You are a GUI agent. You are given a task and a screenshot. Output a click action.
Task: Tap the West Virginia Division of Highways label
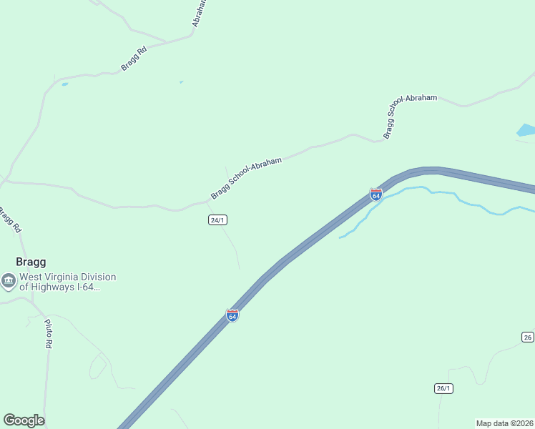tap(67, 282)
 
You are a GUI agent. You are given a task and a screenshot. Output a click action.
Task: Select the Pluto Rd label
tap(48, 334)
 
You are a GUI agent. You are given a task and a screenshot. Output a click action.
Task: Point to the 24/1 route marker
tap(218, 220)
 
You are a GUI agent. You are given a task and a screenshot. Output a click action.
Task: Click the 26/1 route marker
tap(443, 388)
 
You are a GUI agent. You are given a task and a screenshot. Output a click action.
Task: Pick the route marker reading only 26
tap(528, 337)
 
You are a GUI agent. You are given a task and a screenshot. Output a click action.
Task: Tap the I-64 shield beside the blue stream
tap(376, 194)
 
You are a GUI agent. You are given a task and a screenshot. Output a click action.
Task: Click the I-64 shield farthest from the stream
tap(232, 315)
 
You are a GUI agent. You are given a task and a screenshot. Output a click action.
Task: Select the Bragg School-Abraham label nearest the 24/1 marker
tap(246, 179)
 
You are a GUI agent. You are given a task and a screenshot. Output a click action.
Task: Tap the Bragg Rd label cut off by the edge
tap(9, 220)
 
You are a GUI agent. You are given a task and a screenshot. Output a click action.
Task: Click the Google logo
tap(24, 420)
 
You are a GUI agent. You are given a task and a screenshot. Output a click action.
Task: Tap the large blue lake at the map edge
tap(526, 130)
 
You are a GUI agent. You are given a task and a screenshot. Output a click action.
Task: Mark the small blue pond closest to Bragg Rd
tap(65, 84)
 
